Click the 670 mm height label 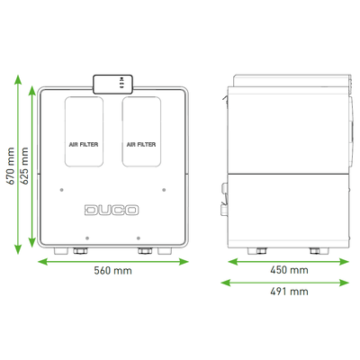[10, 166]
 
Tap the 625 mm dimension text [24, 166]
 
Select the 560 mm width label [112, 271]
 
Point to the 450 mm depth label [289, 270]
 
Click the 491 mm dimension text [289, 292]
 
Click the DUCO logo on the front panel [112, 210]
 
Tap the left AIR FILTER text [84, 145]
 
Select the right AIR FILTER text [141, 145]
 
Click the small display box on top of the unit [112, 85]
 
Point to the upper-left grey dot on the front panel [62, 190]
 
